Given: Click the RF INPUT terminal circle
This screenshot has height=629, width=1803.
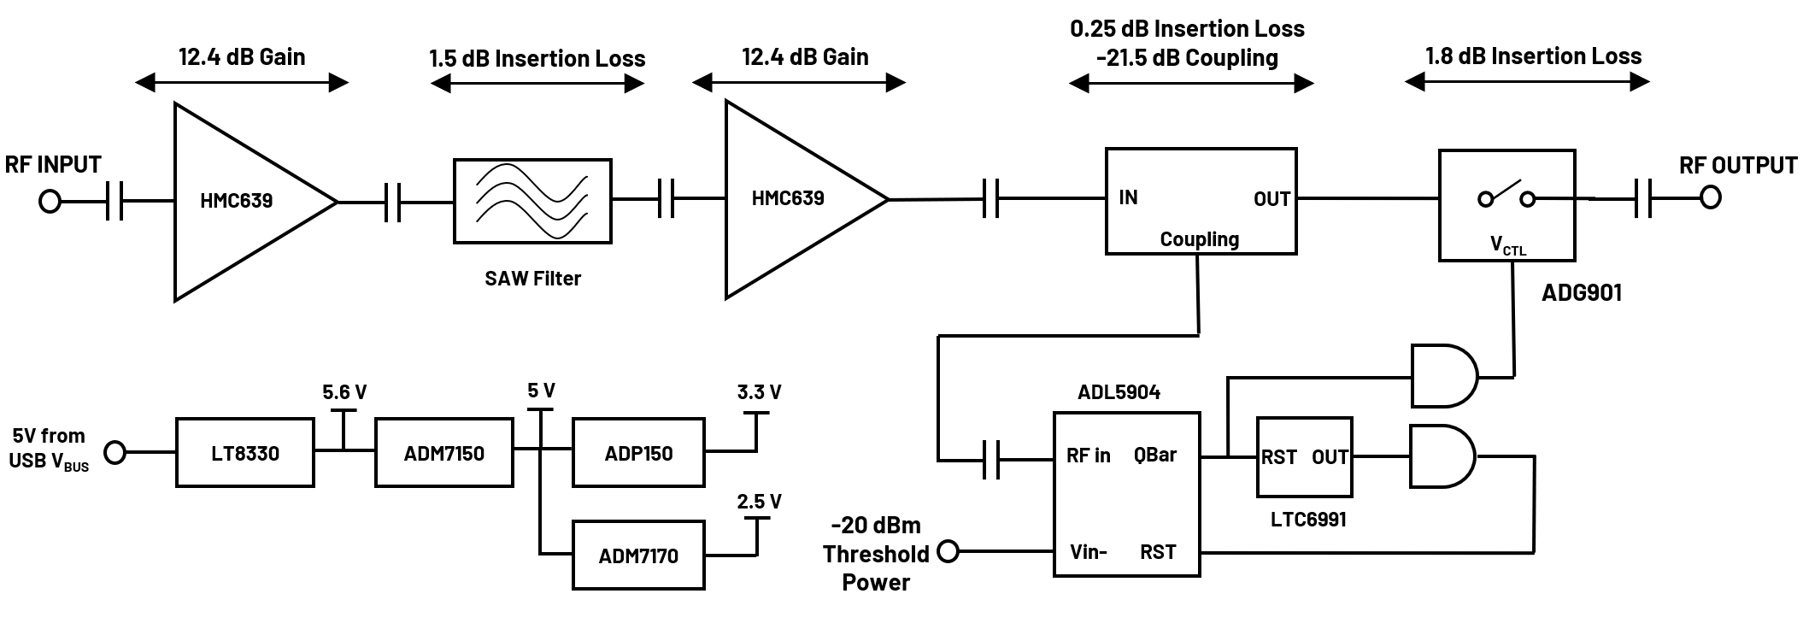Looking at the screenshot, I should (x=50, y=202).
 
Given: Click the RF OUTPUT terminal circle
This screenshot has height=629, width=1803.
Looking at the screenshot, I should (x=1710, y=198).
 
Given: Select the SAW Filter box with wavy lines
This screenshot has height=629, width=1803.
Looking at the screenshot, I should (x=532, y=201).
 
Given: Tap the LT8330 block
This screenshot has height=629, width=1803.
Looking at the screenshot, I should (x=245, y=453).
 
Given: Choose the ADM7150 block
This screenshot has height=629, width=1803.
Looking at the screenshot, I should (x=443, y=453).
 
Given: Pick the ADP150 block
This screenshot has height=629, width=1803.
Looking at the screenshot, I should (x=638, y=453).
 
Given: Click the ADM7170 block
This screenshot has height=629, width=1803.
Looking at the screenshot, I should (x=638, y=556).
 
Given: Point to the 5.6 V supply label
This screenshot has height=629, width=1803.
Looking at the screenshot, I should (x=344, y=392).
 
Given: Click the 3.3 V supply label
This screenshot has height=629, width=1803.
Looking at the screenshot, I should (x=759, y=392).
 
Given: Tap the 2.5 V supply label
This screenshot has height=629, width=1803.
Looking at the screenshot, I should (x=759, y=502).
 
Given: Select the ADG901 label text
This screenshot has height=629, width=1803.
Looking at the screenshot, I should (x=1581, y=292).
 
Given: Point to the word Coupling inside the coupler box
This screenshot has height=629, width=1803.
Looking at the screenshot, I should (x=1199, y=239).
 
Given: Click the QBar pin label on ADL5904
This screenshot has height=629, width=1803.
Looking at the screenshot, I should (x=1154, y=456).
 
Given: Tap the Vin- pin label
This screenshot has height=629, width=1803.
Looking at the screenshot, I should (x=1088, y=552).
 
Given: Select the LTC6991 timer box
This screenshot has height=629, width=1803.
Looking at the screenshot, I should (x=1304, y=457).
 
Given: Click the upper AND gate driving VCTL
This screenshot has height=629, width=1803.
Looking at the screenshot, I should (x=1443, y=376).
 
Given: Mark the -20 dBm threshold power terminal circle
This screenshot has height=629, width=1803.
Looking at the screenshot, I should (x=948, y=552).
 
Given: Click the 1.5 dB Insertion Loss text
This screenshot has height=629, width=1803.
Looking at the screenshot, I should (x=537, y=59).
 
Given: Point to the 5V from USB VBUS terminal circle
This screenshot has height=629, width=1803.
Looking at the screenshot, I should (x=115, y=452).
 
